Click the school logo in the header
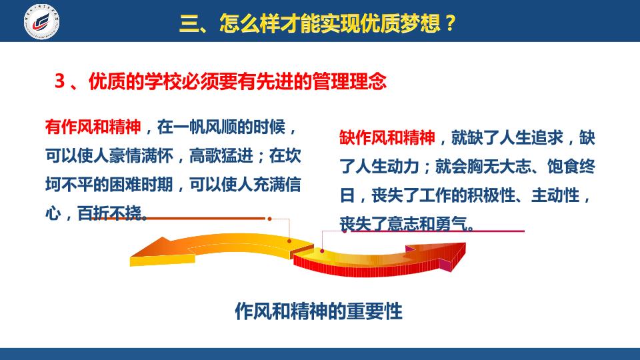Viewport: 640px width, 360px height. [x=41, y=21]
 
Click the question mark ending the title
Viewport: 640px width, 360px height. [x=450, y=23]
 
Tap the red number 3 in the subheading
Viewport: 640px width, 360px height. [x=59, y=81]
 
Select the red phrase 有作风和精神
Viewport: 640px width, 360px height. [x=93, y=127]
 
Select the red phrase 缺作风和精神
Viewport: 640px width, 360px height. [x=387, y=137]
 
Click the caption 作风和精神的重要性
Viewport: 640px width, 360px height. [x=319, y=311]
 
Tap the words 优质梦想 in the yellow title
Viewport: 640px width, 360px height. [x=393, y=23]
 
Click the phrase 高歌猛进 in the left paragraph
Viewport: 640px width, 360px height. [x=221, y=156]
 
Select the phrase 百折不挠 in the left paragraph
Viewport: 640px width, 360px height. [x=109, y=213]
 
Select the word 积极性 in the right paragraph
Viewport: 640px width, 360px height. [x=492, y=195]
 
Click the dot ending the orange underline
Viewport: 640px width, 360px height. [x=269, y=219]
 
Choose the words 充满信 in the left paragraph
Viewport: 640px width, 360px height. [x=277, y=185]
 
